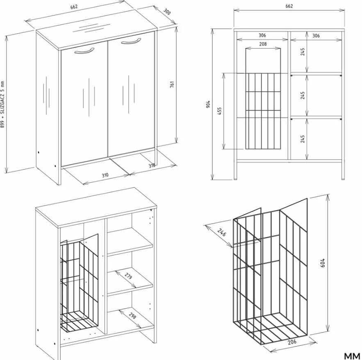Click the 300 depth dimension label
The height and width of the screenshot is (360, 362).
pyautogui.click(x=167, y=11)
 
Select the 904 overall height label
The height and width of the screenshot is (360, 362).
pyautogui.click(x=208, y=104)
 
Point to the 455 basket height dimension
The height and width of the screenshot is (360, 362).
pyautogui.click(x=219, y=111)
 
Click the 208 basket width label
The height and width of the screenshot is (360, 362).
pyautogui.click(x=263, y=44)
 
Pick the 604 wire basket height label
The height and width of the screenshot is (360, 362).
pyautogui.click(x=323, y=263)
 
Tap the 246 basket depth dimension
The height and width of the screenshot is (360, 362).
pyautogui.click(x=221, y=233)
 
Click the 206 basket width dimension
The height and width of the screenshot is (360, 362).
pyautogui.click(x=292, y=342)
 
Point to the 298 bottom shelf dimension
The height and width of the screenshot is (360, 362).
pyautogui.click(x=132, y=315)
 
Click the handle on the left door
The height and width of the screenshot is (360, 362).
pyautogui.click(x=84, y=51)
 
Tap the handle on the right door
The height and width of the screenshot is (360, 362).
pyautogui.click(x=131, y=41)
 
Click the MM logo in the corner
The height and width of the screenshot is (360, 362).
pyautogui.click(x=352, y=356)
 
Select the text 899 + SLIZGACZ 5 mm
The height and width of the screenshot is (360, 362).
pyautogui.click(x=2, y=104)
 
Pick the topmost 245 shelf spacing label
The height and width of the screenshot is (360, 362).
pyautogui.click(x=303, y=52)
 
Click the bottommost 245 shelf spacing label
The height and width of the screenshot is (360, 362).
pyautogui.click(x=303, y=139)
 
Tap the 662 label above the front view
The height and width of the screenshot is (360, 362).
pyautogui.click(x=289, y=6)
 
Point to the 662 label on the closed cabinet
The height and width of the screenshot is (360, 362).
pyautogui.click(x=74, y=7)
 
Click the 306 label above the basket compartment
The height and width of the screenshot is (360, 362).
pyautogui.click(x=262, y=35)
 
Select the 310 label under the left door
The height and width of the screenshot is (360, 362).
pyautogui.click(x=105, y=175)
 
